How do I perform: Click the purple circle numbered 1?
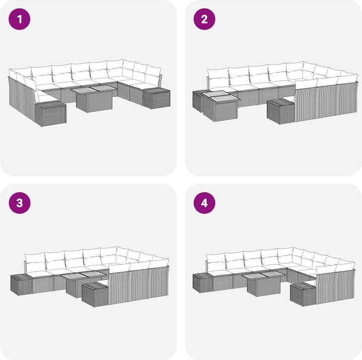pyautogui.click(x=20, y=19)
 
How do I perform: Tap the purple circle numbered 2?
pyautogui.click(x=204, y=19)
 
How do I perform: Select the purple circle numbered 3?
pyautogui.click(x=20, y=203)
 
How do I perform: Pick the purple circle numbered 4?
pyautogui.click(x=204, y=203)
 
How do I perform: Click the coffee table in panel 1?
pyautogui.click(x=94, y=99)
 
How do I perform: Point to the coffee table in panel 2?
pyautogui.click(x=221, y=106)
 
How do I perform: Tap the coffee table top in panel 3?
pyautogui.click(x=84, y=275)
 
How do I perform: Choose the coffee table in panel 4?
pyautogui.click(x=263, y=284)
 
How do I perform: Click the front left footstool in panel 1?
pyautogui.click(x=51, y=114)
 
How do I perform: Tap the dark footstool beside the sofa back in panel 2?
pyautogui.click(x=281, y=111)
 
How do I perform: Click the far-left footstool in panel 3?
pyautogui.click(x=22, y=285)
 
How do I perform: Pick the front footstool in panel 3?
pyautogui.click(x=95, y=295)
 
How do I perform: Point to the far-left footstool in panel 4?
pyautogui.click(x=203, y=283)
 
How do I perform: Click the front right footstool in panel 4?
pyautogui.click(x=303, y=295)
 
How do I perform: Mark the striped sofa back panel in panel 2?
pyautogui.click(x=326, y=102)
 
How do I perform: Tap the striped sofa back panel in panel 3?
pyautogui.click(x=139, y=285)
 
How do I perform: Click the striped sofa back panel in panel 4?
pyautogui.click(x=336, y=287)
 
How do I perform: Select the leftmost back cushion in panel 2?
pyautogui.click(x=218, y=79)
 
